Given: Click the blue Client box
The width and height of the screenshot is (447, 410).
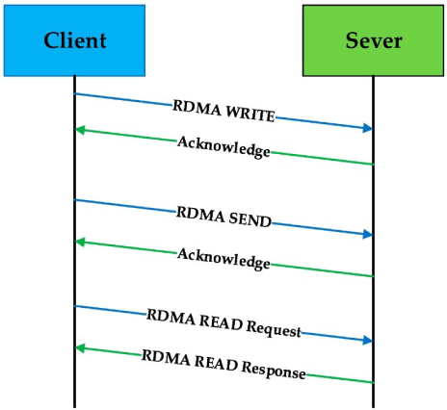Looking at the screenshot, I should (x=74, y=40).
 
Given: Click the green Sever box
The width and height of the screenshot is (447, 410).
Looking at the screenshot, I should (x=373, y=40).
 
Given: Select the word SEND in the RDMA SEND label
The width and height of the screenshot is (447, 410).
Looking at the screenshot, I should (x=250, y=219).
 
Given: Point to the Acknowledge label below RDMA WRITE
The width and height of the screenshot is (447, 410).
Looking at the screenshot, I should (x=223, y=146).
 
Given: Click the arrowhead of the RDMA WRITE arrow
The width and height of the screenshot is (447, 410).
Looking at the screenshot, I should (x=367, y=128).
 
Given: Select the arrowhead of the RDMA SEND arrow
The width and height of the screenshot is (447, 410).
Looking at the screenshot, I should (x=367, y=234).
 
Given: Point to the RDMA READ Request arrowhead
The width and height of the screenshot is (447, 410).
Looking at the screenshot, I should (x=367, y=340).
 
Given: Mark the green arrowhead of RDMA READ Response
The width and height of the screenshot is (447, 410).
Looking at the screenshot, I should (x=81, y=346).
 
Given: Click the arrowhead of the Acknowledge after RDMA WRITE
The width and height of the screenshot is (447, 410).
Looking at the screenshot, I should (x=81, y=130).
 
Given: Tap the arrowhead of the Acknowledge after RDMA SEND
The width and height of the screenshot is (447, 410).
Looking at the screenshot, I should (x=81, y=242).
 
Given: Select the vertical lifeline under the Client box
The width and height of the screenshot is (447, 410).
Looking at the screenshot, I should (x=74, y=289).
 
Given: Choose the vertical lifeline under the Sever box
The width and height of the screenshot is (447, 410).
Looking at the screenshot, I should (x=373, y=289).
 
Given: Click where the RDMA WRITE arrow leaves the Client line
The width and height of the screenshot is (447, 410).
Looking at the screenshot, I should (x=75, y=93).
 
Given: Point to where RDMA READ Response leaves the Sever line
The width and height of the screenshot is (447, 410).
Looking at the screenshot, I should (x=373, y=382).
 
